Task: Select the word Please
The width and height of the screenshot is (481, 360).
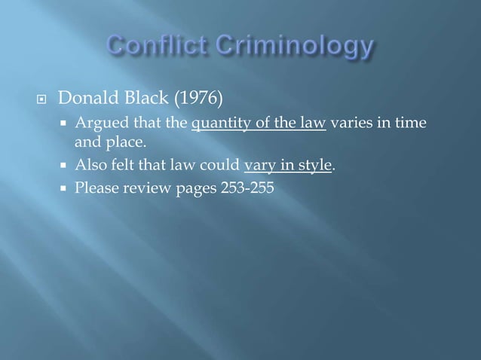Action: coord(93,189)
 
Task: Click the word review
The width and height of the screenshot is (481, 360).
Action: coord(142,189)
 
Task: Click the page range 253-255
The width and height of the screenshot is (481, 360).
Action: coord(248,189)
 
